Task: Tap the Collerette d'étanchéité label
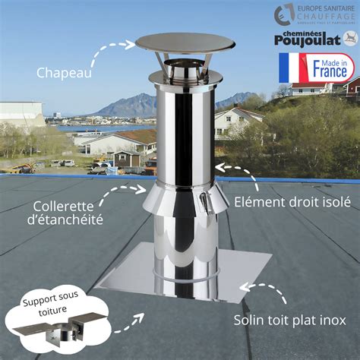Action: [68, 213]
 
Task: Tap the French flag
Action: [292, 68]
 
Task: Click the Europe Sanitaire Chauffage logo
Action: [313, 14]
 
